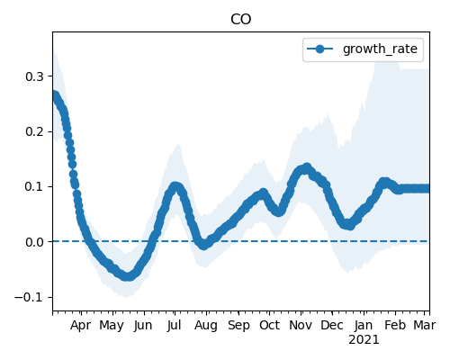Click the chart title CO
tap(241, 20)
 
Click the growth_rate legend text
tap(380, 49)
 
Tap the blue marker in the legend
tap(320, 49)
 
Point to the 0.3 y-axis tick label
tap(35, 76)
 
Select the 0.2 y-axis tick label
tap(35, 131)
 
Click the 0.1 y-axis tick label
tap(35, 186)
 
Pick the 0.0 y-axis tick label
tap(35, 242)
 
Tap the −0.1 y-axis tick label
tap(30, 297)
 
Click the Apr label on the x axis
tap(80, 326)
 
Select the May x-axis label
tap(112, 326)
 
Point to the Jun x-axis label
tap(143, 326)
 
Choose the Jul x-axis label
tap(175, 326)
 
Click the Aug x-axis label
tap(206, 326)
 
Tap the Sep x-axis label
tap(238, 326)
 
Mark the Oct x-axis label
tap(269, 326)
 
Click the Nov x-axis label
tap(301, 326)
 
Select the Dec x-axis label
tap(332, 326)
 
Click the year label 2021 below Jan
tap(364, 340)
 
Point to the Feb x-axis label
tap(395, 326)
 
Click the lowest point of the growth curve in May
tap(128, 276)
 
